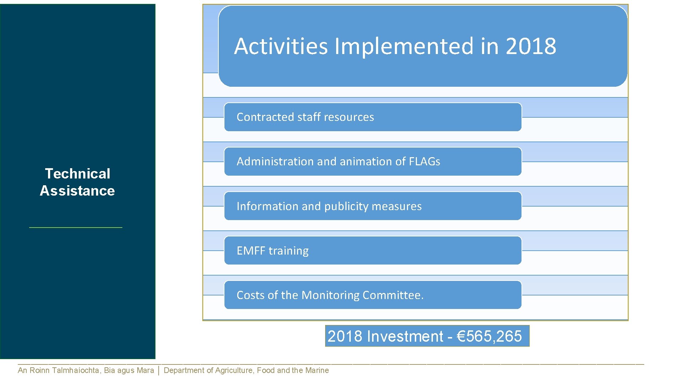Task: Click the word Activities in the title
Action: click(281, 46)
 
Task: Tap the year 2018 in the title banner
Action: click(531, 46)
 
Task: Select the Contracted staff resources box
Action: click(372, 117)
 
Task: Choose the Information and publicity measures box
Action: click(372, 206)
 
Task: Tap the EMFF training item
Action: click(372, 251)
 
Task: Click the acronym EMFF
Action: click(251, 251)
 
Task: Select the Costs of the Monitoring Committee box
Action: click(372, 295)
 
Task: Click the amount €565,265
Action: click(489, 336)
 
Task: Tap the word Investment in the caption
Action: click(405, 336)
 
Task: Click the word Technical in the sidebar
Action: click(78, 174)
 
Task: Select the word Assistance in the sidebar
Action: click(77, 191)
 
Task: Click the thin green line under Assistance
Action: click(76, 227)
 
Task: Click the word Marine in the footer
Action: click(317, 370)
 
